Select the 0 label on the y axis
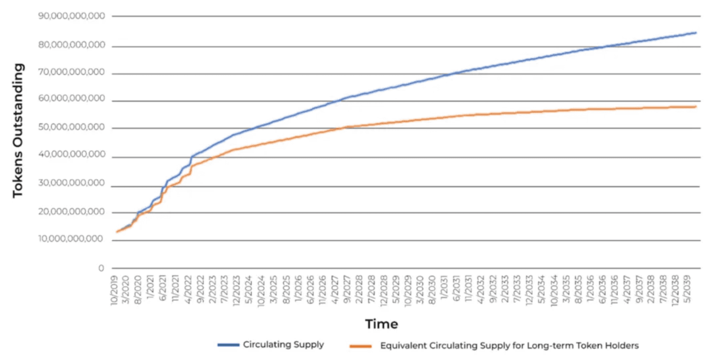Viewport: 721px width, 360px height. [x=101, y=268]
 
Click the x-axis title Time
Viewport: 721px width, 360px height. [x=381, y=324]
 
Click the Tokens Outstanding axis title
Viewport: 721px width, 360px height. [x=18, y=130]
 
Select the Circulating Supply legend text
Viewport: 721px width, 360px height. [x=283, y=345]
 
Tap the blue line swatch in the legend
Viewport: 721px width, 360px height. [x=228, y=345]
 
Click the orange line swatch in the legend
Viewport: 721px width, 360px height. [x=360, y=346]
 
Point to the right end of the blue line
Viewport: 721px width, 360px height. [x=696, y=33]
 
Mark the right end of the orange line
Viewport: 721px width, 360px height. [x=696, y=107]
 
